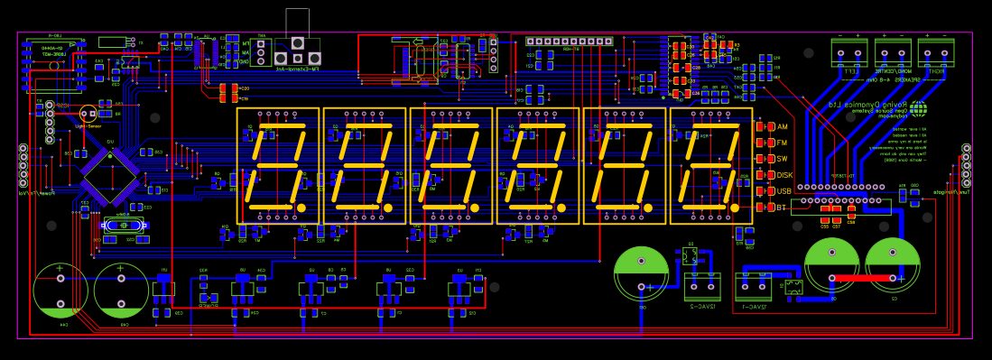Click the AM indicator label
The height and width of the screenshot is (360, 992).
click(x=783, y=126)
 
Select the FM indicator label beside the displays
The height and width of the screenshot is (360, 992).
click(x=783, y=143)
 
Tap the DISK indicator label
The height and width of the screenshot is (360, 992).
click(x=784, y=175)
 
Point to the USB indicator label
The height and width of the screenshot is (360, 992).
click(x=783, y=191)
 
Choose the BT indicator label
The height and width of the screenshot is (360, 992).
click(x=782, y=208)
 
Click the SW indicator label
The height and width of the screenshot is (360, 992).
click(x=783, y=159)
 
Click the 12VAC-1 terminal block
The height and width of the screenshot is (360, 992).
click(x=753, y=287)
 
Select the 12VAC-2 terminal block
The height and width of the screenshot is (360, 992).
click(x=702, y=286)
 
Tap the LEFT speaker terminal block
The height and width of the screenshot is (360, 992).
click(x=848, y=52)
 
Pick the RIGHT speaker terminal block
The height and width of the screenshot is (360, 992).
click(x=936, y=52)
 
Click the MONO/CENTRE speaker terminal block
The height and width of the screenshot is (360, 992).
click(x=893, y=52)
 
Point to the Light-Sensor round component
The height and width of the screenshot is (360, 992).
click(x=88, y=114)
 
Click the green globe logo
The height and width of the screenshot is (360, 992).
click(x=918, y=109)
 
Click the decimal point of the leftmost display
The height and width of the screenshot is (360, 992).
click(x=301, y=208)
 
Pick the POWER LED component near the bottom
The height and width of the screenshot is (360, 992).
click(x=209, y=297)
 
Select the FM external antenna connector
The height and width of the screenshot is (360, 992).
click(x=298, y=42)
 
